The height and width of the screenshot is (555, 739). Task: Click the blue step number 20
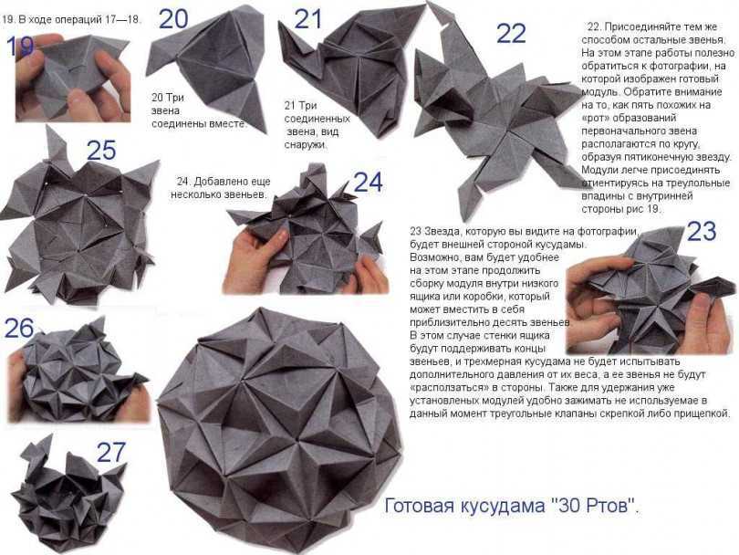click(173, 19)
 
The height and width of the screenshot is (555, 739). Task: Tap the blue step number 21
click(307, 19)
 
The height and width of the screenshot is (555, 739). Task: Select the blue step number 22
click(511, 34)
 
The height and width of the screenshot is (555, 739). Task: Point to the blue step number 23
click(702, 231)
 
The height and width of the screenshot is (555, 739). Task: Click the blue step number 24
click(368, 183)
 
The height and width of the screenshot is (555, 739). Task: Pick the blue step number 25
click(101, 151)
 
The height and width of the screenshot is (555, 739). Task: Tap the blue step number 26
click(19, 329)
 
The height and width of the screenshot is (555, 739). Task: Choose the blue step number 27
click(111, 452)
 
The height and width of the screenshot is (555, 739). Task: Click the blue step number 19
click(20, 47)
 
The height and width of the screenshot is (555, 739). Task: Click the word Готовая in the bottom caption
click(419, 506)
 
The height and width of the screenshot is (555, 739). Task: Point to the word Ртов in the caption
click(609, 507)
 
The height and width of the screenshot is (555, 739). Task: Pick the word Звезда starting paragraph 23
click(439, 232)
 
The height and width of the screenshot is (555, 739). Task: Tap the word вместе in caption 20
click(230, 124)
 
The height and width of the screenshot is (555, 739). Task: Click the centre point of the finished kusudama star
click(297, 442)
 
